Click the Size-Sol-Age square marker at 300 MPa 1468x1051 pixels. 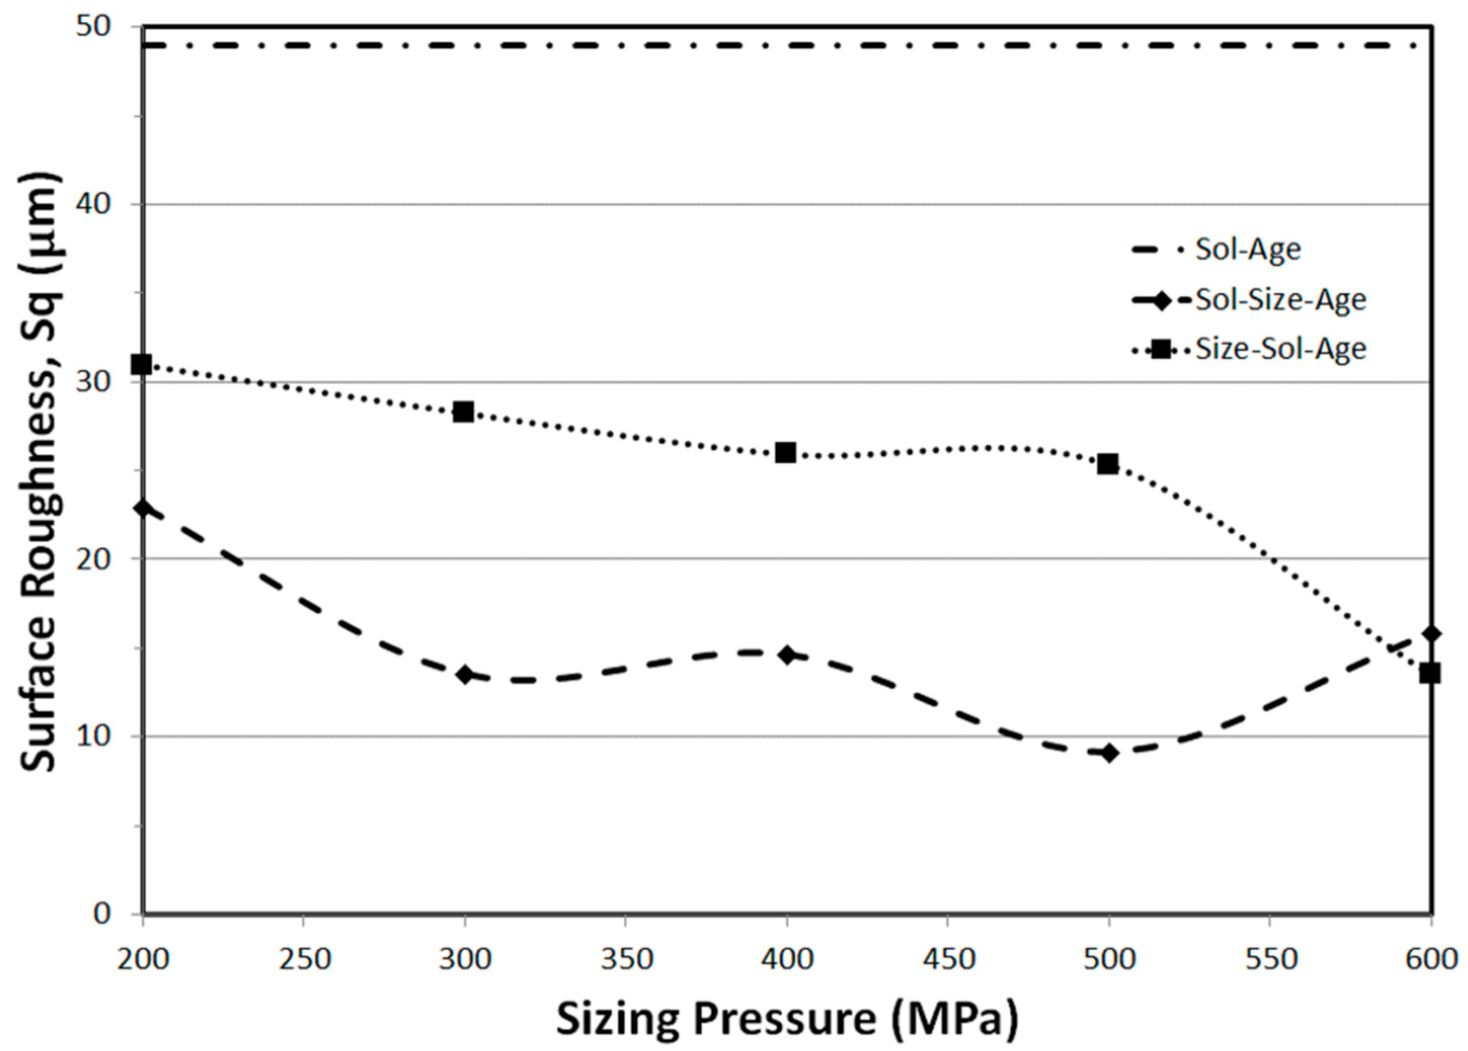tap(464, 411)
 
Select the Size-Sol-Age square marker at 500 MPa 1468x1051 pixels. tap(1107, 463)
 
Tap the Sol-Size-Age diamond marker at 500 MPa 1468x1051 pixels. tap(1109, 753)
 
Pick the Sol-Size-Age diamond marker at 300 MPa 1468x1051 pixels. tap(464, 674)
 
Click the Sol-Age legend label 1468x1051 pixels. tap(1248, 249)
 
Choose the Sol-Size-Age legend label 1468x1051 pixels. tap(1279, 299)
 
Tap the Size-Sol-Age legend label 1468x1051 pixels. tap(1279, 349)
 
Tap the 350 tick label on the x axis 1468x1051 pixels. tap(626, 958)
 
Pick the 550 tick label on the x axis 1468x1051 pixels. tap(1269, 958)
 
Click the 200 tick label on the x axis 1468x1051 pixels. tap(142, 958)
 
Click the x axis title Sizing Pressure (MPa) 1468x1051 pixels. tap(787, 1018)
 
